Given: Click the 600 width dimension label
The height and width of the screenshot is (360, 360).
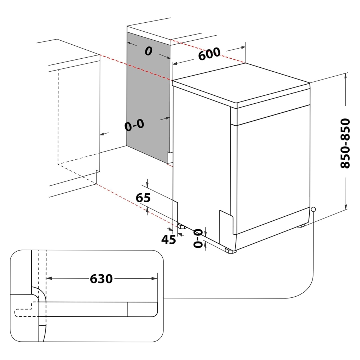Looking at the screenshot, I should [x=209, y=54].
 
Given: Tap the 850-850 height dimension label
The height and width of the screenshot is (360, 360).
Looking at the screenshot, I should [x=345, y=143].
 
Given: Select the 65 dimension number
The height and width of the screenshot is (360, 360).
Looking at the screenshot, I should [x=143, y=198].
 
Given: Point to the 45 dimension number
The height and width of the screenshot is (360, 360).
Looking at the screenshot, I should [x=168, y=239].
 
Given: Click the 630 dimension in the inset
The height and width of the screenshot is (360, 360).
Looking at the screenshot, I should [x=101, y=278].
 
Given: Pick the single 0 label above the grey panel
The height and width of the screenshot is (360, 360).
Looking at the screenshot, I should [x=148, y=51].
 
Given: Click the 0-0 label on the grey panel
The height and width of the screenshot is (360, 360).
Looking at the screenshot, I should [x=134, y=125].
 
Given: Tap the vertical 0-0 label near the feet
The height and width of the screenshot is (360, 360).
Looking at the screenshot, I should [x=198, y=239].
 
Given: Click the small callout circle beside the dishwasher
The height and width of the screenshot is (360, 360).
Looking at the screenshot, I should [x=313, y=209].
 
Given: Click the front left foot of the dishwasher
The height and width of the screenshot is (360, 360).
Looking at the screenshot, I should [x=230, y=251].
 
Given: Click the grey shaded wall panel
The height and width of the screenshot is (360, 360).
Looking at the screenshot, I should [x=148, y=97].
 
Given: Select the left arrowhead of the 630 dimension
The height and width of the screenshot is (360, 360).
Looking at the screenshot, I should [x=50, y=278].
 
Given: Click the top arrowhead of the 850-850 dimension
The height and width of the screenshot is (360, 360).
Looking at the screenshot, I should [x=346, y=75].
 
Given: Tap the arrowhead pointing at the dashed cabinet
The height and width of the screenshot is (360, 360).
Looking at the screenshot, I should [x=102, y=134].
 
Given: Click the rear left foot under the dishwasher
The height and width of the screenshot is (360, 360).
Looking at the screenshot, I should [x=181, y=227].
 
